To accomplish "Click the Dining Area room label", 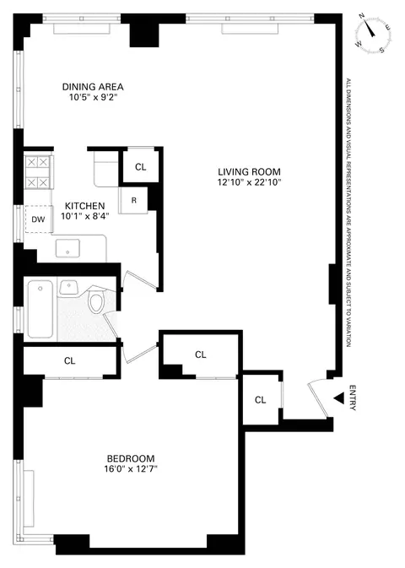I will point(94,86).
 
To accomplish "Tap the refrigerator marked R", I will point(133,199).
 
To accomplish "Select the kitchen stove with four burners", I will point(39,172).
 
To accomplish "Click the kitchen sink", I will point(67,249).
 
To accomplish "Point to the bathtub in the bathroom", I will point(40,308).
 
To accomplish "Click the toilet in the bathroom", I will point(97,301).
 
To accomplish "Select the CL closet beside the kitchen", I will point(140,166).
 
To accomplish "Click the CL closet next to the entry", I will point(261,399).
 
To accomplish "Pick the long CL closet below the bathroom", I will point(70,360).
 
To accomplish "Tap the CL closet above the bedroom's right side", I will point(200,354).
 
